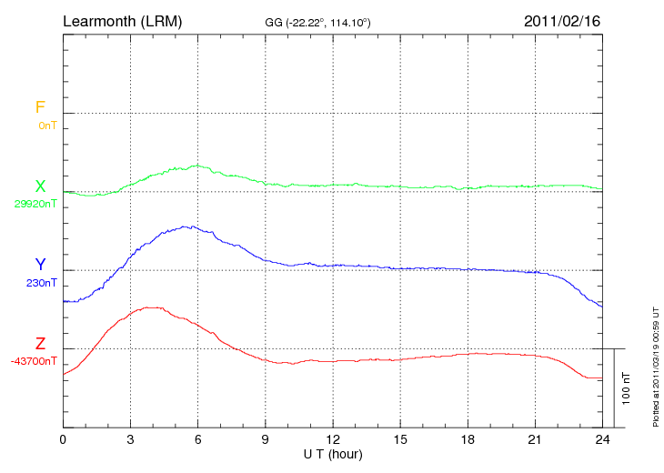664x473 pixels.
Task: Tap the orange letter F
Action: tap(40, 107)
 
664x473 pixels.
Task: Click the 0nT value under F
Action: tap(47, 125)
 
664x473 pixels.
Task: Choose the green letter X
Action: tap(40, 186)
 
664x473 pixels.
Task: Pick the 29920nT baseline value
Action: tap(35, 204)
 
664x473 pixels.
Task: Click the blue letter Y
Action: tap(40, 265)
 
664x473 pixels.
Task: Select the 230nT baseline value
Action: tap(41, 283)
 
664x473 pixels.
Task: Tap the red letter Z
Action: tap(40, 344)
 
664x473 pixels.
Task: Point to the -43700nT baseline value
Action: tap(35, 361)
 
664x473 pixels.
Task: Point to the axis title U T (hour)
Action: tap(333, 453)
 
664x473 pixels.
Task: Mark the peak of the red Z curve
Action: tap(148, 307)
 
